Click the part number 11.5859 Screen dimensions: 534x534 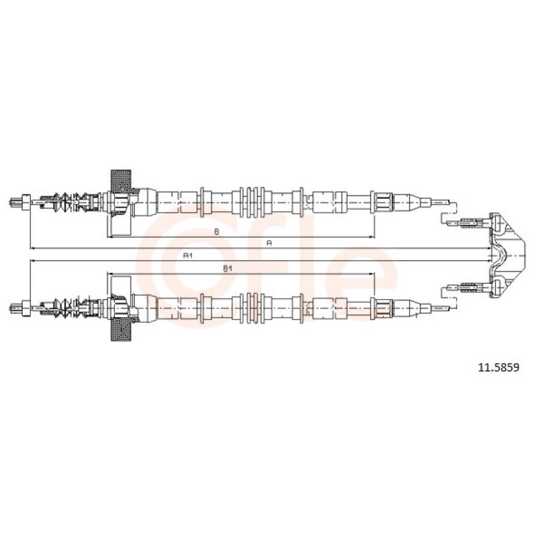click(x=499, y=368)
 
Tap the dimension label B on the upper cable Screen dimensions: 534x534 click(x=216, y=232)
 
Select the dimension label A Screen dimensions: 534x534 click(x=269, y=243)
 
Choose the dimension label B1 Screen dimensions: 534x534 click(x=228, y=269)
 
